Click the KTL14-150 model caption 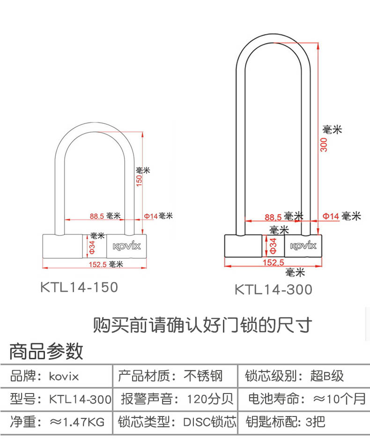[x=79, y=287]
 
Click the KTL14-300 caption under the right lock [x=274, y=289]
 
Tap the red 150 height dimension [x=139, y=180]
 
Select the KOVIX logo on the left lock [x=127, y=246]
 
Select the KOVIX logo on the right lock [x=303, y=246]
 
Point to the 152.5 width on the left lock [x=98, y=264]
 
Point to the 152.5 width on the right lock [x=274, y=263]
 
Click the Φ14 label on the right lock [x=330, y=216]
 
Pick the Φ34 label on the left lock [x=92, y=246]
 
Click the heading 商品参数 [x=46, y=351]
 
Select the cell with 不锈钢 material [x=175, y=376]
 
